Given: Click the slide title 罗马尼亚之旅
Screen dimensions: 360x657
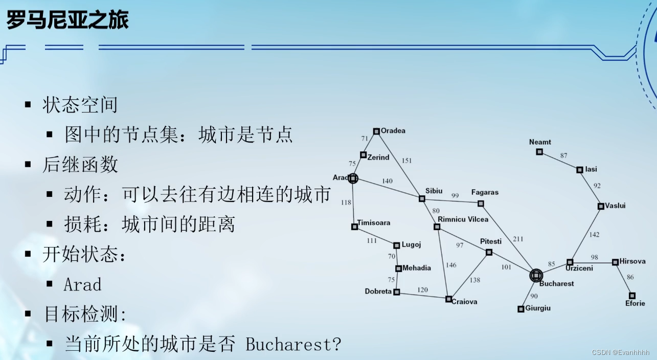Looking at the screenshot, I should point(67,20).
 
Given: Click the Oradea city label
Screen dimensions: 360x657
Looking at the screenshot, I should point(393,130).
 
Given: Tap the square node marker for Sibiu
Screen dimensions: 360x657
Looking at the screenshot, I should point(422,198).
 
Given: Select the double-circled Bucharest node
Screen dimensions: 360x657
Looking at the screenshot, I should point(535,276).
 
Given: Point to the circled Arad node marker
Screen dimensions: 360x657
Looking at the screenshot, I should point(352,178).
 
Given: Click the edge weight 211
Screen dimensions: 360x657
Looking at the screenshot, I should point(518,239).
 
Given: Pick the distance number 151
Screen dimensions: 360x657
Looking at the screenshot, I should point(406,161).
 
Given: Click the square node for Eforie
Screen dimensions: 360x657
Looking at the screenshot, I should point(632,296).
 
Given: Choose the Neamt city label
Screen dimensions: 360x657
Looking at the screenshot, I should point(540,142).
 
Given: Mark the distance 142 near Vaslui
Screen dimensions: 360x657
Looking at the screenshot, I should point(594,235).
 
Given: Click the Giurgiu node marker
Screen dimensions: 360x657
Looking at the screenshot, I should point(520,309).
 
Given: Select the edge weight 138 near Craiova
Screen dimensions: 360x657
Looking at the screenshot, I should point(475,280).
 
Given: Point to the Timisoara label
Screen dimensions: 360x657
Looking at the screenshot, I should point(374,222).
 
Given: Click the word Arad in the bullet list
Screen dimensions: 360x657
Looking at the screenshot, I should point(82,284).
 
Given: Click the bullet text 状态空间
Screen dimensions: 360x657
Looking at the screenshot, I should point(80,105).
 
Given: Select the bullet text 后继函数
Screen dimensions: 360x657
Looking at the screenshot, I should point(80,165).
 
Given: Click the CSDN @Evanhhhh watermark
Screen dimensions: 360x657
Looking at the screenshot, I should point(620,353).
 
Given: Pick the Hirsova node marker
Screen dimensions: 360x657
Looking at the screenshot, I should point(616,262).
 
